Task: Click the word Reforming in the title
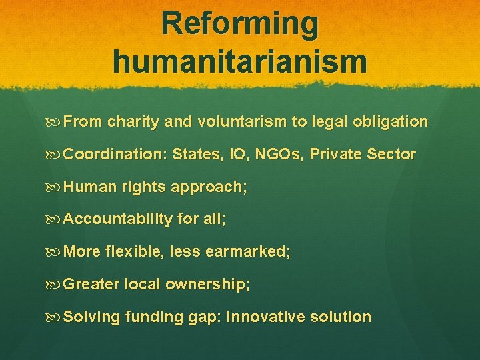[x=240, y=25]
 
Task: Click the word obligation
[x=390, y=122]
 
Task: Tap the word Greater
[x=91, y=285]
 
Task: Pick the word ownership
[x=207, y=285]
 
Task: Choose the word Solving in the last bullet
[x=90, y=317]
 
